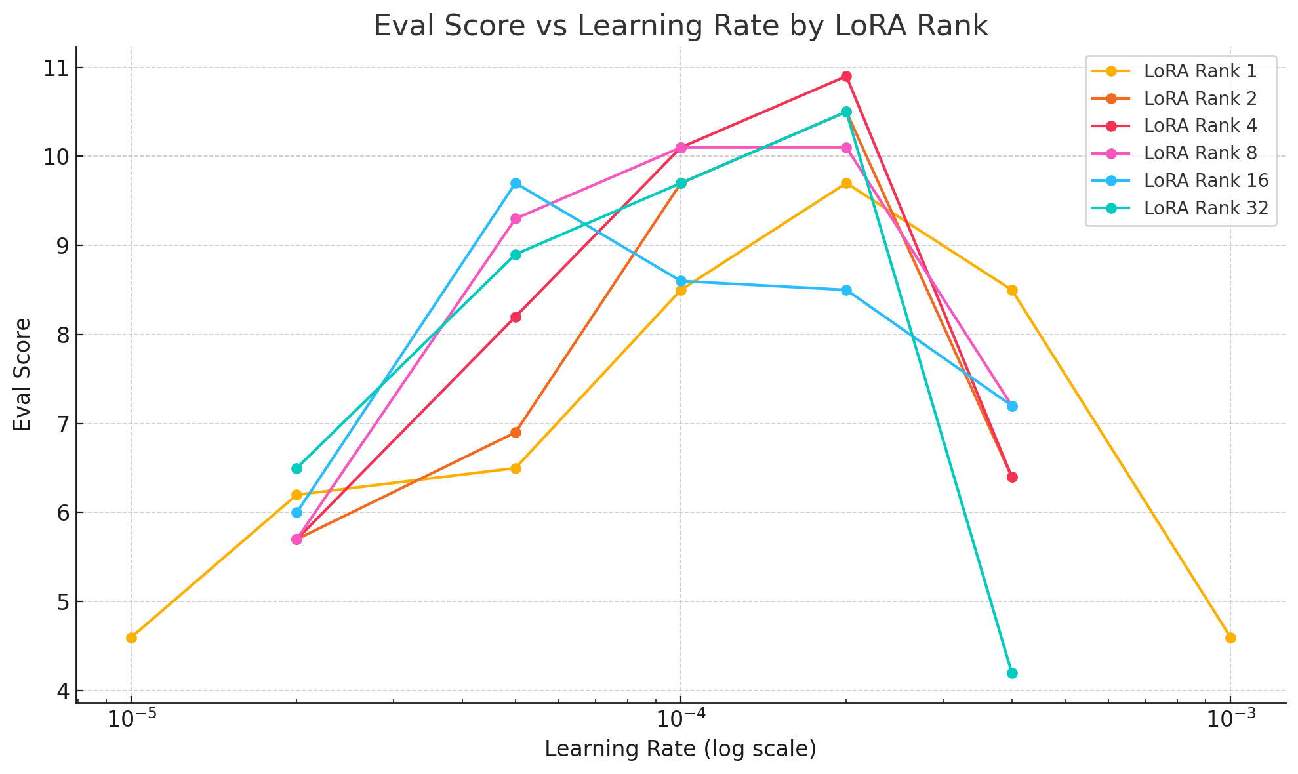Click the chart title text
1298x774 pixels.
tap(680, 26)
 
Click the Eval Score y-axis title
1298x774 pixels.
tap(23, 375)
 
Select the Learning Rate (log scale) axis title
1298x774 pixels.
tap(680, 749)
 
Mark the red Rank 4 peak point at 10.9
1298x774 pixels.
tap(846, 77)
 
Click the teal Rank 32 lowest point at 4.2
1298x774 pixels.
tap(1011, 673)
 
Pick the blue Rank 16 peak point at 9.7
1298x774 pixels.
tap(516, 183)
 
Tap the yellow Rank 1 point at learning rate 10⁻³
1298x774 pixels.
tap(1230, 638)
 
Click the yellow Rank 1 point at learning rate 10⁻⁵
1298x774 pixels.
tap(131, 638)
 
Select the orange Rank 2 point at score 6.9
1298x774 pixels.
tap(516, 432)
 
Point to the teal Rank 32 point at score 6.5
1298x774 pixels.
tap(296, 468)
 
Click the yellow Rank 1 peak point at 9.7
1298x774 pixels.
tap(846, 183)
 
